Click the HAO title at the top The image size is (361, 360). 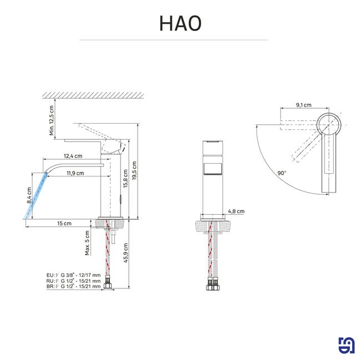click(x=180, y=23)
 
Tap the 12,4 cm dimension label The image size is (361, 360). click(x=73, y=156)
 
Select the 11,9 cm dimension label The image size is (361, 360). click(x=76, y=173)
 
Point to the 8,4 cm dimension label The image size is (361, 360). click(x=29, y=195)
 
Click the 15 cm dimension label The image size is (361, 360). click(x=64, y=224)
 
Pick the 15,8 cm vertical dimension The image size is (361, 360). click(x=126, y=179)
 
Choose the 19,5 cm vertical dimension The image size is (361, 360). click(x=134, y=171)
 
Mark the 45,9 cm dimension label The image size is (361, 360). click(x=126, y=253)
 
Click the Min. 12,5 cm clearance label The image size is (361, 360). click(x=52, y=120)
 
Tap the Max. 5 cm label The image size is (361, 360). click(x=87, y=243)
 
